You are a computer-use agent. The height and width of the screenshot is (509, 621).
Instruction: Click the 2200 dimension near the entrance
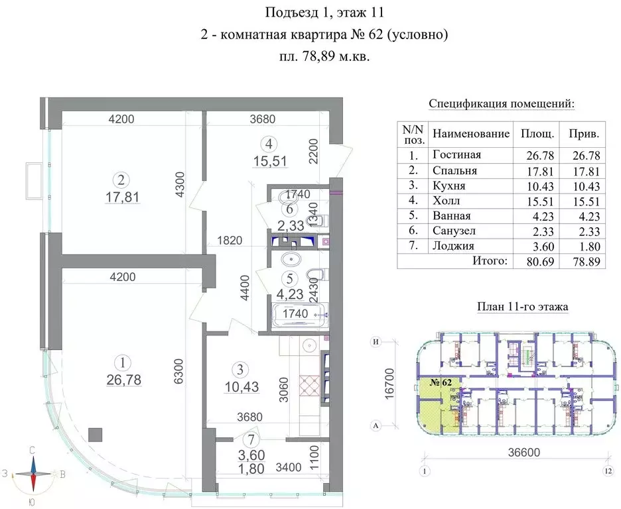point(314,152)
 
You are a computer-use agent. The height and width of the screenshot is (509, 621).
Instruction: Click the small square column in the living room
point(96,435)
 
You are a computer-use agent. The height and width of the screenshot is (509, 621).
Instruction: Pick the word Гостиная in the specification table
point(456,155)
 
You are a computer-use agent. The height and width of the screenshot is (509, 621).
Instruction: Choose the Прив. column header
point(584,133)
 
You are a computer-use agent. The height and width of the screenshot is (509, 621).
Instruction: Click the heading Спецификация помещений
point(502,104)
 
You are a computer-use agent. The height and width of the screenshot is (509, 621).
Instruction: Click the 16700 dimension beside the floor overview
point(390,384)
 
